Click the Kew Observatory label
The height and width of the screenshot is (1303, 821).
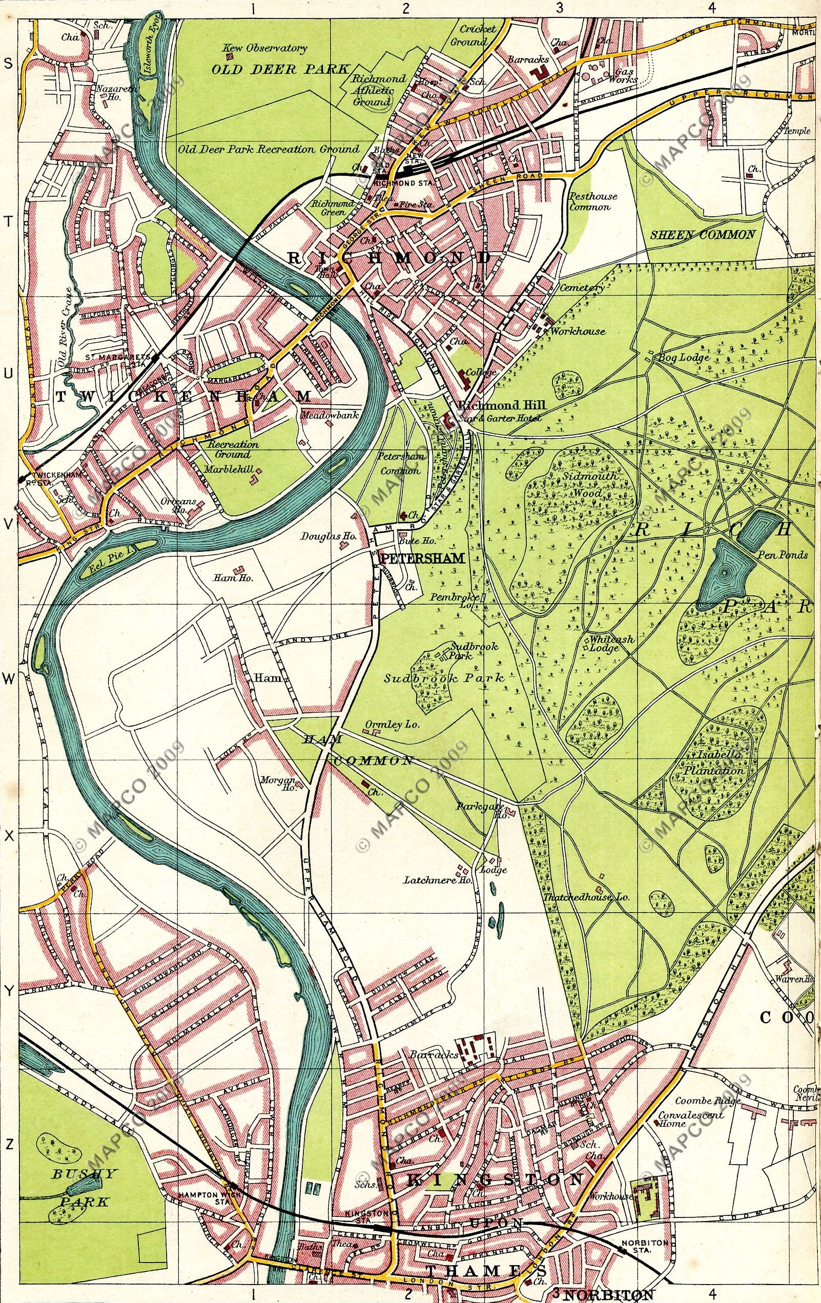(265, 48)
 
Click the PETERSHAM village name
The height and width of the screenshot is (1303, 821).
(423, 558)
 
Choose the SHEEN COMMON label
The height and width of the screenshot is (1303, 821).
(702, 234)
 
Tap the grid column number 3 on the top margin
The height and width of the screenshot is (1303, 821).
(559, 8)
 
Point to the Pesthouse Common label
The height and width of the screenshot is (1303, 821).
(593, 202)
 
